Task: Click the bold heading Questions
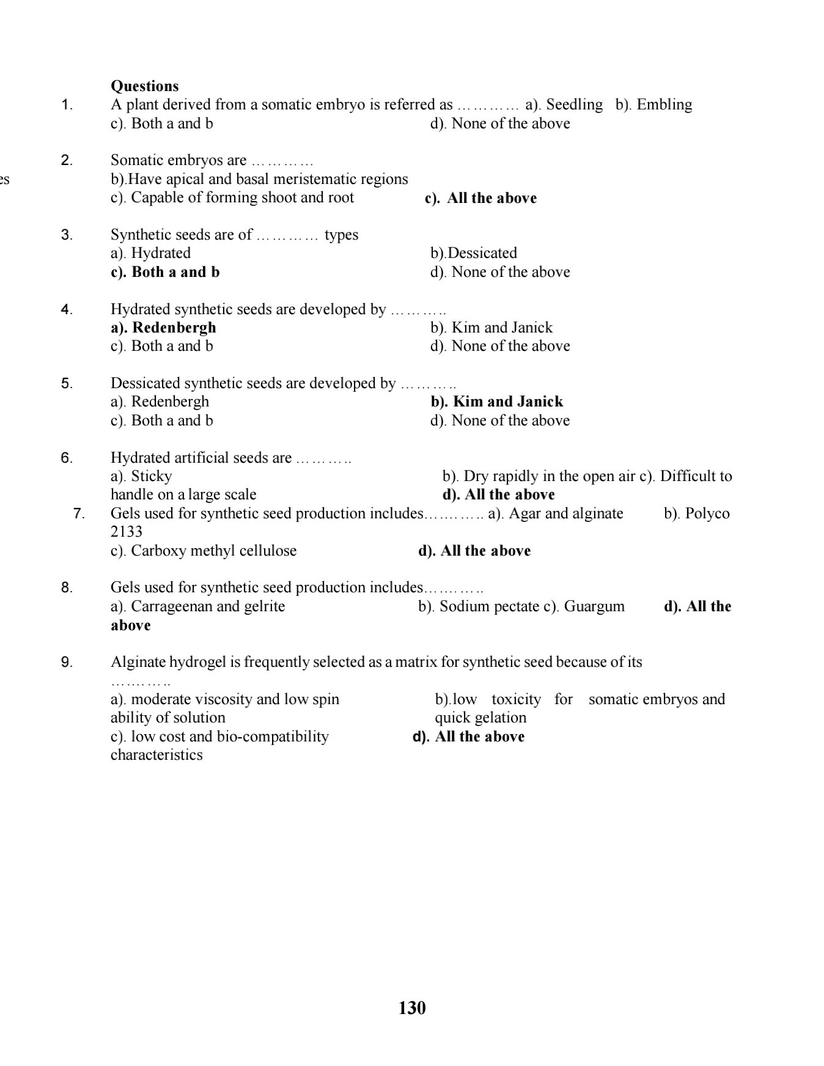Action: (x=145, y=86)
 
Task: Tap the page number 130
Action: (x=412, y=1008)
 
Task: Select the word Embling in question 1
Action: (x=664, y=105)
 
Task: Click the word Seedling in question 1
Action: (x=574, y=105)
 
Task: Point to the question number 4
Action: (x=67, y=309)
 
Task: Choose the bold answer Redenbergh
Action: (x=174, y=328)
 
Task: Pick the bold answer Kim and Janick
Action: (x=508, y=402)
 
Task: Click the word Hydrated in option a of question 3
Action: (x=161, y=253)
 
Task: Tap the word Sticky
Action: (x=152, y=476)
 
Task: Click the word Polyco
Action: (x=707, y=513)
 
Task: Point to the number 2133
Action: (x=127, y=532)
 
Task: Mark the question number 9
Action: (x=67, y=662)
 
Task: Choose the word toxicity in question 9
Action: (x=516, y=699)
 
